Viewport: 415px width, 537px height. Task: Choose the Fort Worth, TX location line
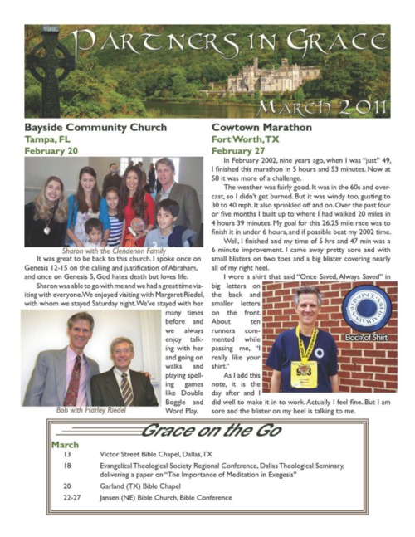(x=244, y=141)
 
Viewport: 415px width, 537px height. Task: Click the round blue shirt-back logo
(x=365, y=308)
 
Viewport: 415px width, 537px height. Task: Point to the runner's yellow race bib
(x=304, y=373)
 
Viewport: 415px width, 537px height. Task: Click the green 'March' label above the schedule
(x=65, y=444)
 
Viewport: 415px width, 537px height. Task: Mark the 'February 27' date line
(x=240, y=153)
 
